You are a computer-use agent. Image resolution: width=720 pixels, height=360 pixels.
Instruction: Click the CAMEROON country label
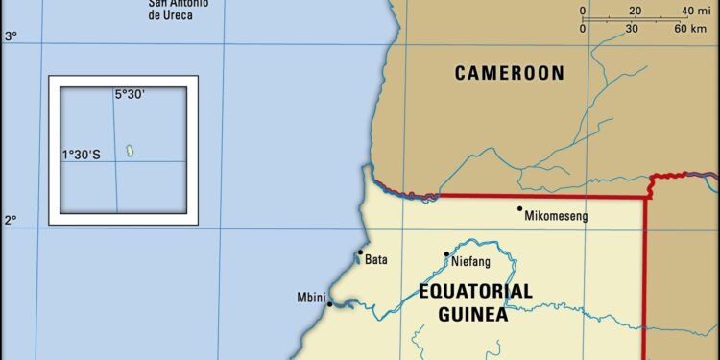pos(509,73)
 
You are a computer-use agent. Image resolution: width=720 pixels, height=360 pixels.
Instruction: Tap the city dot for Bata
pos(361,253)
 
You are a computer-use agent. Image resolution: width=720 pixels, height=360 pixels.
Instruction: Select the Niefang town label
pos(472,261)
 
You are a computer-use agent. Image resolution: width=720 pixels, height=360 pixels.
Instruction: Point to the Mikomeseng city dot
pos(520,208)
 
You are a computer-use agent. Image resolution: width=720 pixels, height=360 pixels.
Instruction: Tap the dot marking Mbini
pos(330,304)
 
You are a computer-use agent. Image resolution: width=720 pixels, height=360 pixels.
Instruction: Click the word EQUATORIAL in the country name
pos(475,291)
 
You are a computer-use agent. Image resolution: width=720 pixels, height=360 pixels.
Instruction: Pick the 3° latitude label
pos(11,36)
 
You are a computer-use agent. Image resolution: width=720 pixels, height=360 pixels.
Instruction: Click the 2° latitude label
pos(11,221)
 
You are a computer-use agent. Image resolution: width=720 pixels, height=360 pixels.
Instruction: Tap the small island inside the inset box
pos(130,151)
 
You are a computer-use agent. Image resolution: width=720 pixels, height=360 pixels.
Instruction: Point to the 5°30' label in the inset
pos(130,94)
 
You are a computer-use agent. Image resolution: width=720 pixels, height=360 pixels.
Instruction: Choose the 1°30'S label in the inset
pos(82,154)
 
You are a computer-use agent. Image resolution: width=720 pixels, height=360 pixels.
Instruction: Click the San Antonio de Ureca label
pos(180,10)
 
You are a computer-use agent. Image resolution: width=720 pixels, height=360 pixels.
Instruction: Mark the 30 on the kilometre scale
pos(632,29)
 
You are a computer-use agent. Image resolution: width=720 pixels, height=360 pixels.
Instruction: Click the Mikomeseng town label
pos(556,216)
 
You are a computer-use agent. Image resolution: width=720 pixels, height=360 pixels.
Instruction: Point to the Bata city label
pos(376,259)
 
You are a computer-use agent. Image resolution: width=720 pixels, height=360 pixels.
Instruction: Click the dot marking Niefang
pos(446,254)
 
